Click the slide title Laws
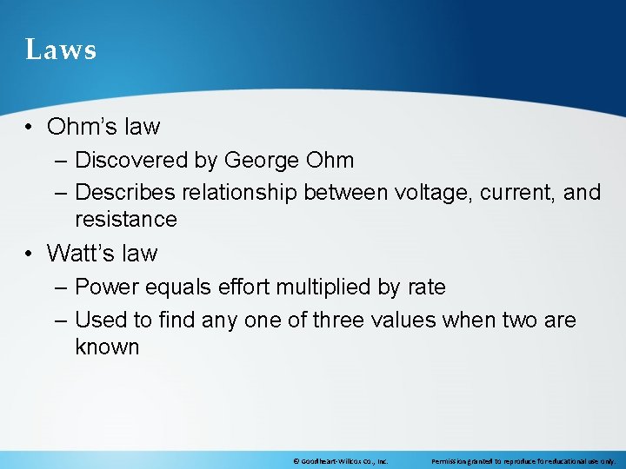61,50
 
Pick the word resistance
126,219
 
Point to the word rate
426,287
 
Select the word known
107,347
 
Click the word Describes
130,192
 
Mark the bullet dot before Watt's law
30,254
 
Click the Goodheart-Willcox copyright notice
341,461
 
